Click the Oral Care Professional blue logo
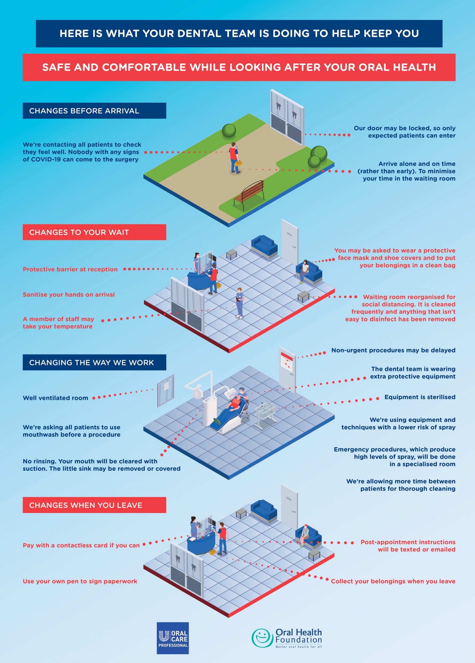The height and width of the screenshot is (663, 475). click(x=173, y=638)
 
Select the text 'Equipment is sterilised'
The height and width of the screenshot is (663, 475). click(x=420, y=397)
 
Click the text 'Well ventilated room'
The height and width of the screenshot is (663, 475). click(x=55, y=398)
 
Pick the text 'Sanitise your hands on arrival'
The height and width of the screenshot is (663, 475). click(x=69, y=295)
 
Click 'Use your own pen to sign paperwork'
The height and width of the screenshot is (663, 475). click(x=80, y=581)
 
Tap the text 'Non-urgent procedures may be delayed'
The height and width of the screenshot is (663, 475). click(x=393, y=350)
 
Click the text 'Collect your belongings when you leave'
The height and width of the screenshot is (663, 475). click(x=393, y=581)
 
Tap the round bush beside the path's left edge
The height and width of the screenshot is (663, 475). click(x=229, y=131)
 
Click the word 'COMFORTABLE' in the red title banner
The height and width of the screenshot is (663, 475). click(x=144, y=68)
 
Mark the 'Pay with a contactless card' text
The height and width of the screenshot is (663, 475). click(x=81, y=545)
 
